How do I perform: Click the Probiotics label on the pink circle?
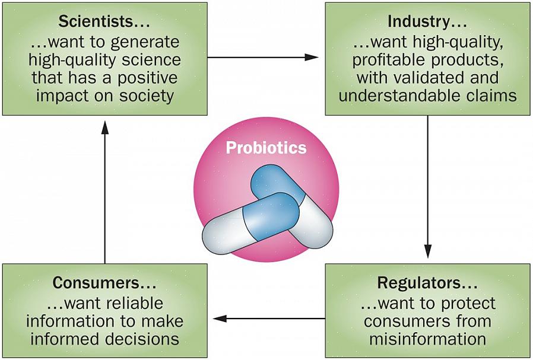(266, 148)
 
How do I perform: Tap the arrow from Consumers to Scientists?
(105, 190)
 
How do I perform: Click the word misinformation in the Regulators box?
(427, 340)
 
